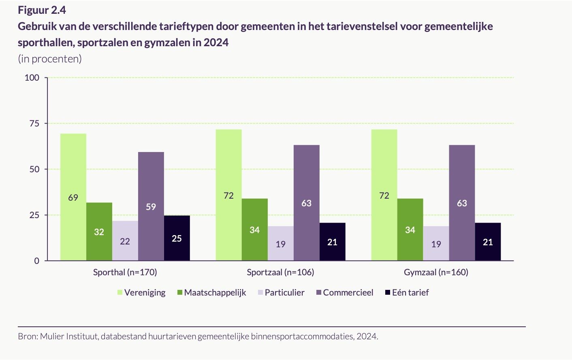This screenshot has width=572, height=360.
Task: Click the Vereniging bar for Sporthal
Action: click(73, 197)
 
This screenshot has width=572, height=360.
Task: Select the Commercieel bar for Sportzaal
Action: click(307, 203)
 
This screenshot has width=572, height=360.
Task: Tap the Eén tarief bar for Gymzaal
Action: click(488, 242)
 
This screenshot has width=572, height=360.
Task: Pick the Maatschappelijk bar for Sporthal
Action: click(99, 231)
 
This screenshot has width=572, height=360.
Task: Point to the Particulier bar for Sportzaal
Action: click(281, 244)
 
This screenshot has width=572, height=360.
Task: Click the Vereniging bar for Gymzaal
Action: click(384, 195)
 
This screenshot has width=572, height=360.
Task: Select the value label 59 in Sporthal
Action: click(151, 207)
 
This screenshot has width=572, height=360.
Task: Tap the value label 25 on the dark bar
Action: click(177, 238)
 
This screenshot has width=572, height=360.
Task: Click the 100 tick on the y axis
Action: click(32, 77)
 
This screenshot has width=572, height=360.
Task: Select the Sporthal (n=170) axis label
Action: click(125, 272)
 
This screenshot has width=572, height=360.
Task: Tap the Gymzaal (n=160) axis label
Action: click(436, 272)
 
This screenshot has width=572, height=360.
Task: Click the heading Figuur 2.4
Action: click(42, 10)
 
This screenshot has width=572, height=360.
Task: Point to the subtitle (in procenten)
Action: click(50, 59)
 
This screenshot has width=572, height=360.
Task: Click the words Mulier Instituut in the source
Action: click(69, 336)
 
